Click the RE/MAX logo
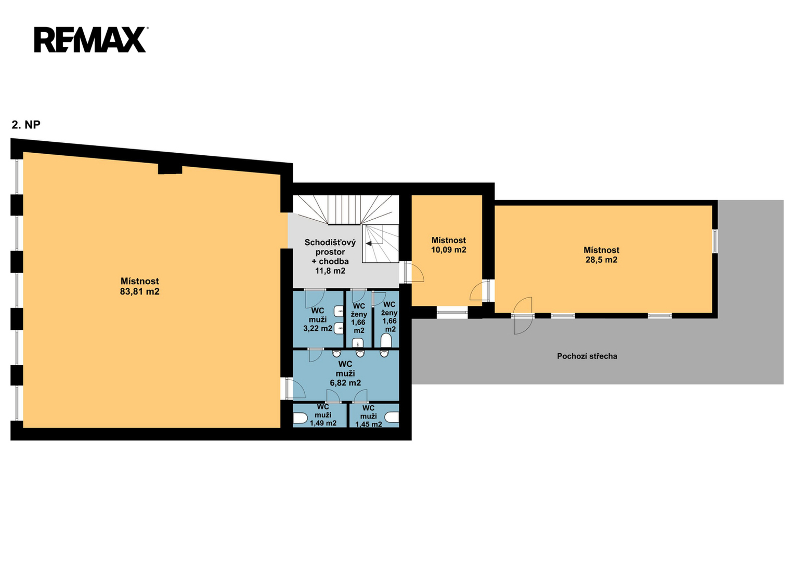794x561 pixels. click(x=91, y=39)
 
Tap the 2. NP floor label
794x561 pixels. click(x=26, y=125)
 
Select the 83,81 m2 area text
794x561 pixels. click(x=140, y=291)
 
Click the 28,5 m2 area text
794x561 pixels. click(x=601, y=260)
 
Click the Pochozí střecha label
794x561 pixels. click(x=587, y=356)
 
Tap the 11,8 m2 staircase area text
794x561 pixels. click(x=330, y=271)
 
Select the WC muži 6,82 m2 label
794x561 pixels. click(x=345, y=373)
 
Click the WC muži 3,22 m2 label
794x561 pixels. click(x=318, y=319)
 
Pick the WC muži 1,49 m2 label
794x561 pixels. click(x=323, y=415)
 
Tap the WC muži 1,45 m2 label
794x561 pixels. click(x=369, y=417)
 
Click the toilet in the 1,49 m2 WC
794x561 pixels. click(x=300, y=418)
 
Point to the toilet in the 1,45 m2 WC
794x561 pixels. click(x=392, y=417)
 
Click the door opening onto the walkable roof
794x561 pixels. click(x=523, y=316)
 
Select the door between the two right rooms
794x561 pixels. click(x=480, y=291)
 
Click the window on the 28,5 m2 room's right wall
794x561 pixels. click(x=715, y=241)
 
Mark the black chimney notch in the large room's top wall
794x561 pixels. click(x=170, y=169)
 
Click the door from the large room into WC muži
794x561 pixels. click(x=293, y=388)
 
